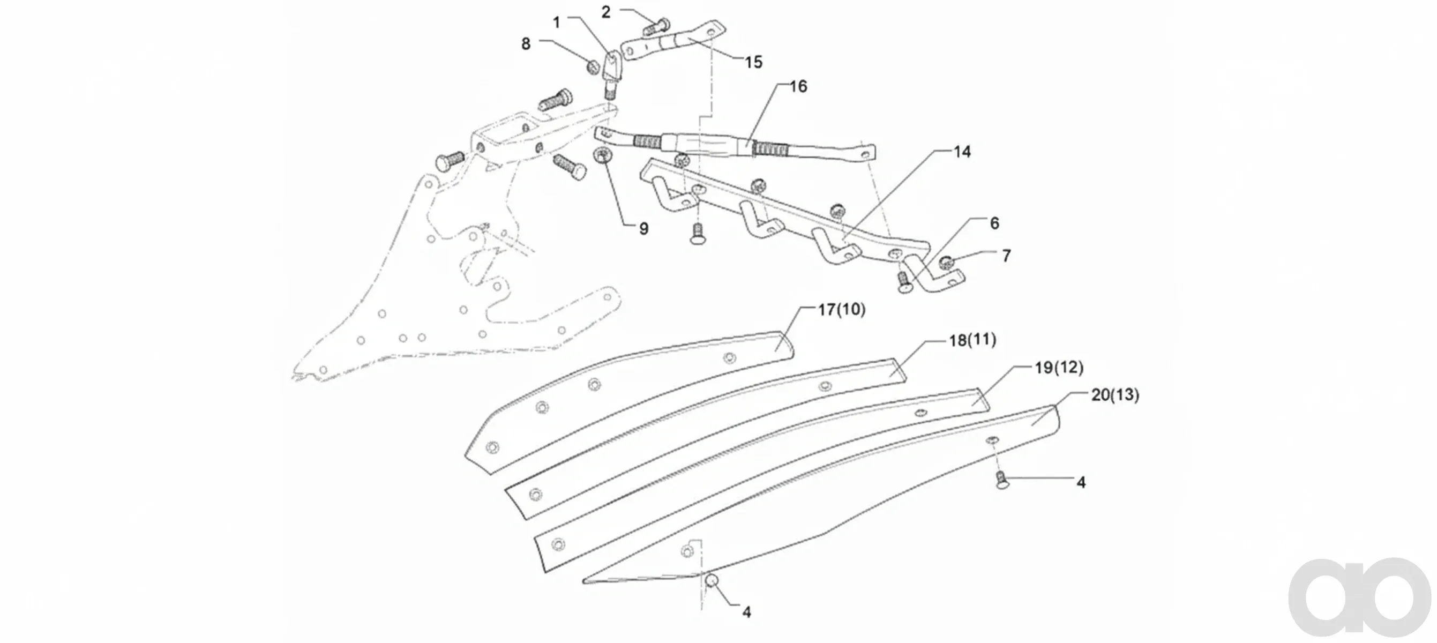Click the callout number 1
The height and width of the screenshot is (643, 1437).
point(556,23)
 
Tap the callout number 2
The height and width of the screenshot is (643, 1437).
point(607,12)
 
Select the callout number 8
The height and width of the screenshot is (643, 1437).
point(526,43)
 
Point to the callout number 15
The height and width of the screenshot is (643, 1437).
point(754,62)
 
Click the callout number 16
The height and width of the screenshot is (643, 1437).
point(798,86)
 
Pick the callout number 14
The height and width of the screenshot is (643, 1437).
point(962,152)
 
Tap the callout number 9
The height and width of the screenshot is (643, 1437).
point(643,229)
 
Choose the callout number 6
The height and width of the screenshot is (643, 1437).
point(994,223)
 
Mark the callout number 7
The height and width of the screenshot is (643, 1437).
point(1006,256)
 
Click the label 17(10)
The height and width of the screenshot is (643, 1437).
point(842,310)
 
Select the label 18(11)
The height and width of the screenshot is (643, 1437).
point(972,340)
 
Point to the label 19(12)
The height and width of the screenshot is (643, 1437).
point(1059,368)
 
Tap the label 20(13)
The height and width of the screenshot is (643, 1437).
point(1115,395)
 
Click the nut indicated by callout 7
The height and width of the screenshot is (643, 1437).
point(946,261)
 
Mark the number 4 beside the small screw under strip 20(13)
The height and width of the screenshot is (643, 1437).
point(1081,482)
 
